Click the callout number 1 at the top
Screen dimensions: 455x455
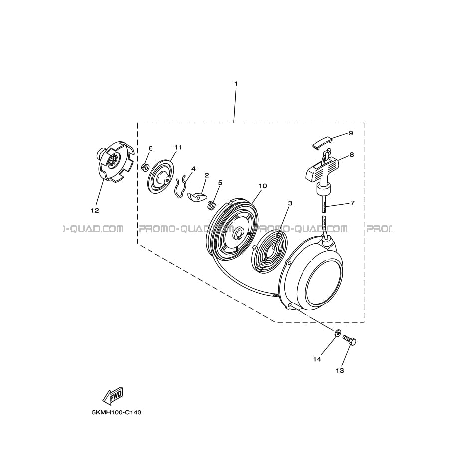(x=236, y=84)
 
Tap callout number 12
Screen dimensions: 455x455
(x=95, y=210)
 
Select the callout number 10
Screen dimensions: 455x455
(x=263, y=186)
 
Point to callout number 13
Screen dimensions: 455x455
(x=340, y=371)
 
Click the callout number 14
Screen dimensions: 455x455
(x=317, y=359)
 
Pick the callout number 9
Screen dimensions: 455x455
(x=351, y=133)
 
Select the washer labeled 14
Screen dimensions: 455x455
(x=337, y=333)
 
